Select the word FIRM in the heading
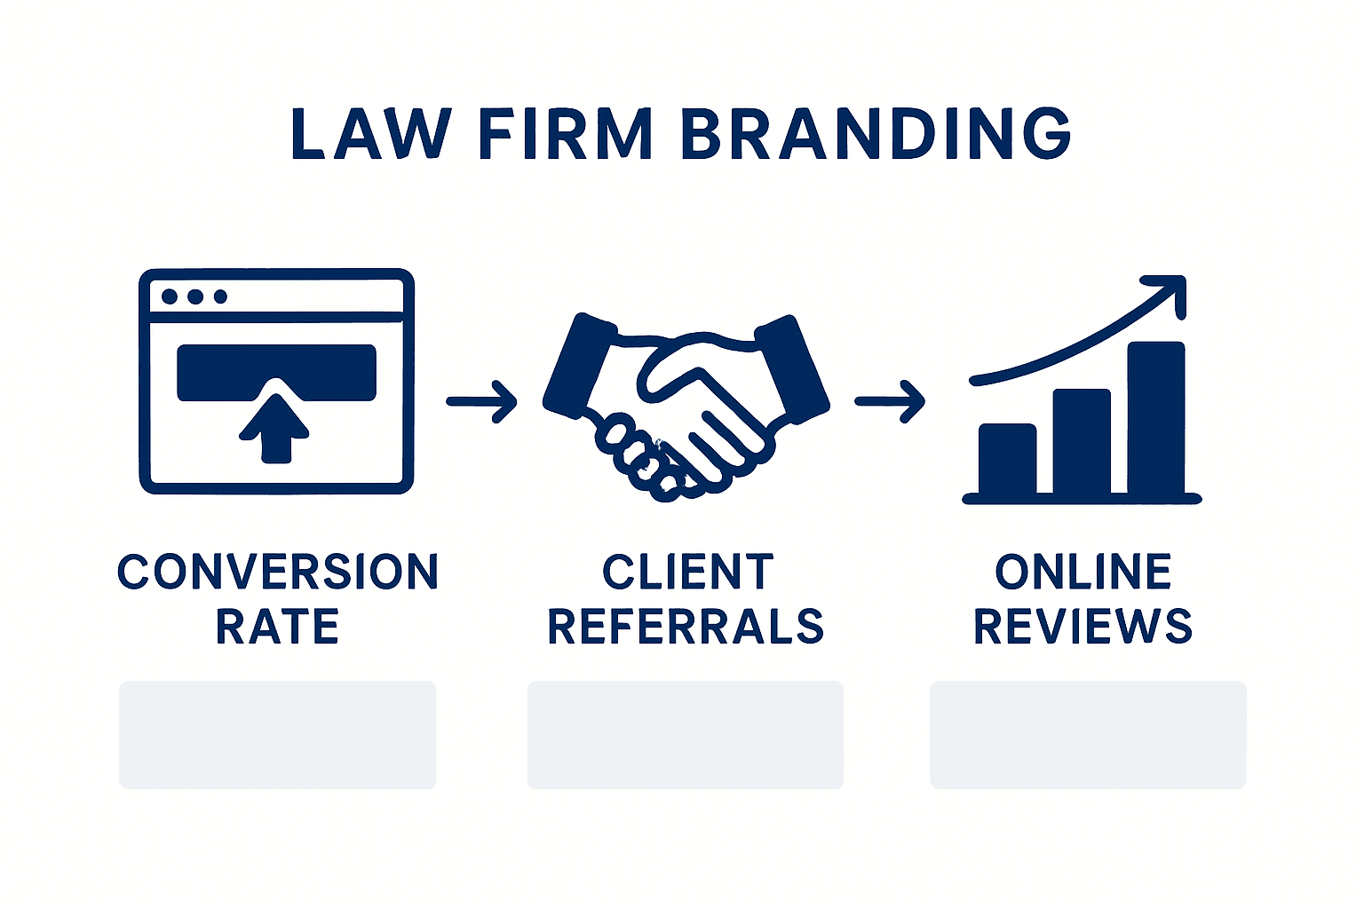click(x=566, y=135)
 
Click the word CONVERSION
click(x=278, y=573)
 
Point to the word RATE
click(x=277, y=627)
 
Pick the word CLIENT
click(x=687, y=573)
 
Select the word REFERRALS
click(x=686, y=627)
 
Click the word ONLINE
click(x=1082, y=573)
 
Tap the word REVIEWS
click(x=1082, y=627)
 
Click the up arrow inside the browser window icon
click(x=275, y=426)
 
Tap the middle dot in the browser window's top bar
click(x=195, y=296)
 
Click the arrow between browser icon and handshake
click(x=481, y=401)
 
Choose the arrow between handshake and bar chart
click(x=890, y=401)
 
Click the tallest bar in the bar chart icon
click(x=1155, y=417)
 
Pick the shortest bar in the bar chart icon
click(x=1007, y=458)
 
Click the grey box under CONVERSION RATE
click(x=277, y=734)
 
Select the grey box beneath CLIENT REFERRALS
click(x=685, y=734)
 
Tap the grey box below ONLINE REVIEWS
click(x=1087, y=734)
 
